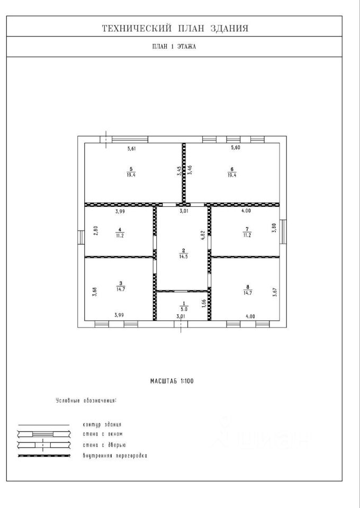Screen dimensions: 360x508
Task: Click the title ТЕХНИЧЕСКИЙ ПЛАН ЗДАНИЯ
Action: [x=175, y=29]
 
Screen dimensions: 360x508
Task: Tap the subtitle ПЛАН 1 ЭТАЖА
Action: [x=174, y=47]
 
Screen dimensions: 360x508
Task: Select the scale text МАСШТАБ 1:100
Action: [x=172, y=381]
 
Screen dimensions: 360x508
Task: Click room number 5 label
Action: [x=131, y=169]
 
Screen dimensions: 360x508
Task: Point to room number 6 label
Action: [x=232, y=169]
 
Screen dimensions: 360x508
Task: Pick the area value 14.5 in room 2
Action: [x=183, y=256]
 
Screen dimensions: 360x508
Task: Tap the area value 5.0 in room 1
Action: [x=184, y=309]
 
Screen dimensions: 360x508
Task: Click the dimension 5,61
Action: [x=131, y=149]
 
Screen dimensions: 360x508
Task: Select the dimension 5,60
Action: [x=235, y=148]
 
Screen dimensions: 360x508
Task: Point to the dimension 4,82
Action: [x=203, y=235]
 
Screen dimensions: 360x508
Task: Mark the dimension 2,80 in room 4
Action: [x=96, y=231]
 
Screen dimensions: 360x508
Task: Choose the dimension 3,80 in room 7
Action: [x=274, y=228]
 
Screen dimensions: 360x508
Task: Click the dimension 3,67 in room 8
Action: [x=275, y=292]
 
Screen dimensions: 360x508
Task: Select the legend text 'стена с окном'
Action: [x=102, y=434]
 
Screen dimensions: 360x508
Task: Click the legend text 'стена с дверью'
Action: [x=104, y=445]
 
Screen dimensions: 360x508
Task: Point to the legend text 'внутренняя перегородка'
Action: [x=115, y=456]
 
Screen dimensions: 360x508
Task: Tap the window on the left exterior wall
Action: [x=81, y=238]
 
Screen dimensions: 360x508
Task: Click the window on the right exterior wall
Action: [x=283, y=232]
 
